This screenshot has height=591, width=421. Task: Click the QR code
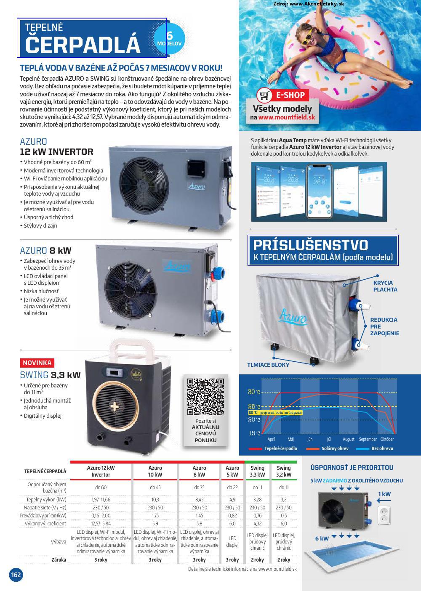[205, 397]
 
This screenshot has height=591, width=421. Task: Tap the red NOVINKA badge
[37, 363]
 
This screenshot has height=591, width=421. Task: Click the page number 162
[16, 575]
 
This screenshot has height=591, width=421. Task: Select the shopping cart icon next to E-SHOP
[264, 95]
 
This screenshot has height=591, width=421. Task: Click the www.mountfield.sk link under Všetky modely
[287, 118]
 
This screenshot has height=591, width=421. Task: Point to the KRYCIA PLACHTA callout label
[385, 286]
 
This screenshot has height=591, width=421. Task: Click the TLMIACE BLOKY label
[268, 365]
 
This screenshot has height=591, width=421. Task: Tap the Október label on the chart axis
[387, 439]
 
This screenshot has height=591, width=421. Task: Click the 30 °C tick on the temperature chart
[254, 392]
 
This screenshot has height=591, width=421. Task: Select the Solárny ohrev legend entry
[335, 448]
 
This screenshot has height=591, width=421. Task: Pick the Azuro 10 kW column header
[155, 471]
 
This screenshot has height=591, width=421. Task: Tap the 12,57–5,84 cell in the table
[101, 524]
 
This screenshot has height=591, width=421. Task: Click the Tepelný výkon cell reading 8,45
[199, 500]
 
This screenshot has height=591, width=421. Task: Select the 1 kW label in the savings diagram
[384, 494]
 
